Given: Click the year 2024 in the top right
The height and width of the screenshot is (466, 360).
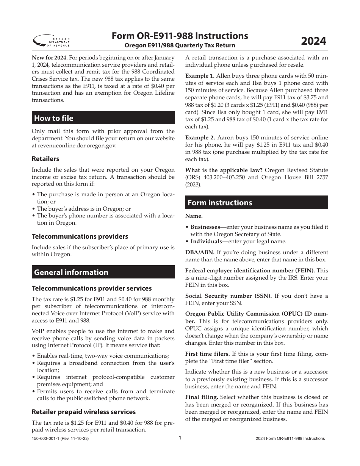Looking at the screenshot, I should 313,41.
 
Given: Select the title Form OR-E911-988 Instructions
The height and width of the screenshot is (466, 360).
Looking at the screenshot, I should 180,36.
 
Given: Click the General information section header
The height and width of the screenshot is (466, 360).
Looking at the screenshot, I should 71,272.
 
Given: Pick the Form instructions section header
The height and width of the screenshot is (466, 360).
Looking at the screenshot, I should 219,203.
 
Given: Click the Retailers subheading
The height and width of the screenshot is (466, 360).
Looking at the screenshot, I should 45,159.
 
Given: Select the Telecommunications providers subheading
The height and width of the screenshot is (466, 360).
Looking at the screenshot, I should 80,236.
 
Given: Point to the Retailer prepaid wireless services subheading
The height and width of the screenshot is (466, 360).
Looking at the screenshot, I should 84,412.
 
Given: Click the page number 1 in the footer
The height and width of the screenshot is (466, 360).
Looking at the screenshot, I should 180,438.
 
